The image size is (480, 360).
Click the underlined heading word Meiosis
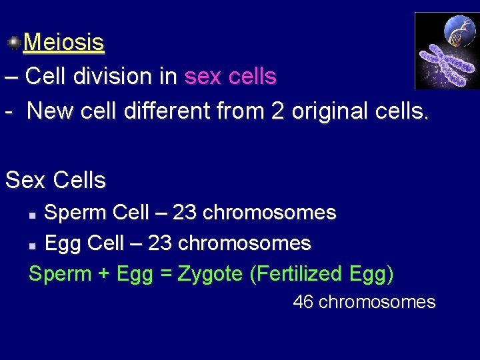point(64,43)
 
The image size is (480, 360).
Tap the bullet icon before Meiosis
point(13,43)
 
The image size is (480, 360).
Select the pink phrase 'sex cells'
point(230,77)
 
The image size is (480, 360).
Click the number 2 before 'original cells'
point(277,110)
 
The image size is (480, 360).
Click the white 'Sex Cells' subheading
point(55,180)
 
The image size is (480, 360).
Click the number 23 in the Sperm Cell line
point(185,213)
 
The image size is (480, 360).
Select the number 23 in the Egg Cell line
point(159,243)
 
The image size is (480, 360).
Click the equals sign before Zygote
point(166,274)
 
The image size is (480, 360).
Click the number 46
point(303,302)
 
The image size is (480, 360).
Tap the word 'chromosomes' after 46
point(377,302)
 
